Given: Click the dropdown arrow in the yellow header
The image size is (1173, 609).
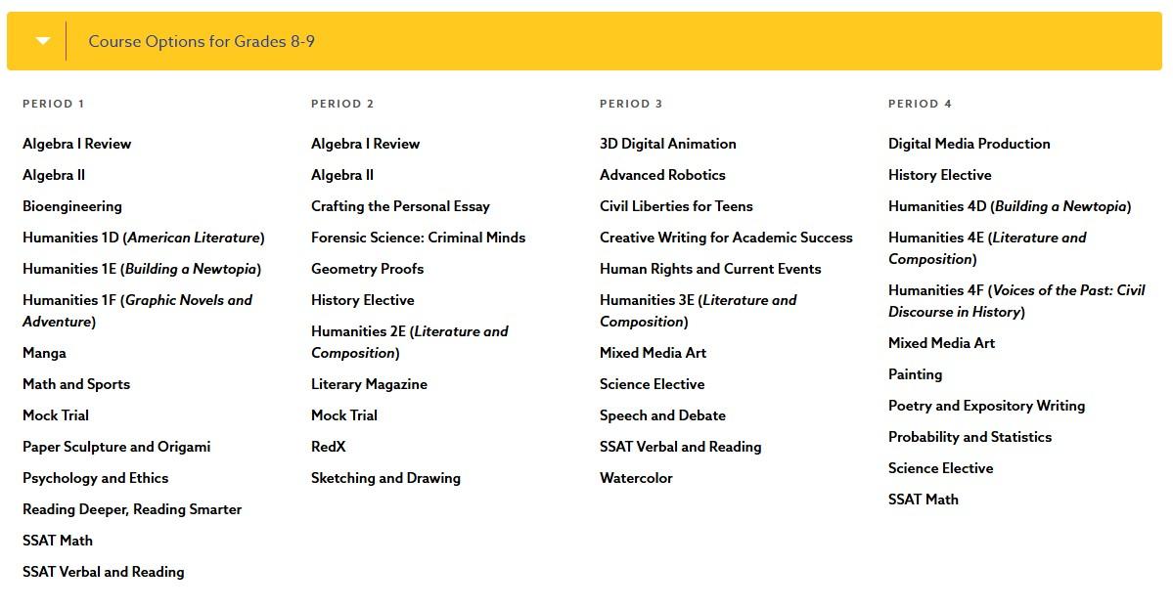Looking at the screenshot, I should tap(42, 41).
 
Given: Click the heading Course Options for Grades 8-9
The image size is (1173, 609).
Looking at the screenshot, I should tap(202, 41).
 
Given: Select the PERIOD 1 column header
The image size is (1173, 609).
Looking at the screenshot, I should tap(54, 104).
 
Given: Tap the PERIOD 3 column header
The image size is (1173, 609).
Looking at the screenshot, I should tap(631, 104).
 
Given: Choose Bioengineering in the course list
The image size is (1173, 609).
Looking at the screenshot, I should tap(72, 206).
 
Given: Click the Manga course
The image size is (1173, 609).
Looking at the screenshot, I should tap(44, 353).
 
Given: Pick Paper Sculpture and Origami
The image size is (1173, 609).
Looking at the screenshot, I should tap(116, 447).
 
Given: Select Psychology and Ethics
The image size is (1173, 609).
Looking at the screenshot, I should tap(95, 478).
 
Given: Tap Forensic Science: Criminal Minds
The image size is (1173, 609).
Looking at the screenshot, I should tap(418, 238).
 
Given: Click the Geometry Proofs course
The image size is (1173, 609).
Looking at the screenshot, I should tap(367, 269).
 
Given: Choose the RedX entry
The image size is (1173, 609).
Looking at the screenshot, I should tap(328, 447).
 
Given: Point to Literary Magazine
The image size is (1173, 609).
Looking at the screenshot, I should tap(369, 384).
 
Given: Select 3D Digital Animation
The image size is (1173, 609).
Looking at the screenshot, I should tap(667, 144).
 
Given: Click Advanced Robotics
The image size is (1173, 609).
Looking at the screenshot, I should tap(662, 175).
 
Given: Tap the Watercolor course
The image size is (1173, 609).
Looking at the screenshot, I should tap(636, 478).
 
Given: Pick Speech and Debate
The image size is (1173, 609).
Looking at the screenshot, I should tap(662, 415).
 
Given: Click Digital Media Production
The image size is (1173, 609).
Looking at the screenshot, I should tap(969, 144).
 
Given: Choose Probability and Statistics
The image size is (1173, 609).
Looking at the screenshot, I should tap(970, 437).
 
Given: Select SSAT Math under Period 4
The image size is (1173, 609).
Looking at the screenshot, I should tap(923, 500).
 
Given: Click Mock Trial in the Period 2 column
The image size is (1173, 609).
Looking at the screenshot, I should tap(343, 415).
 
